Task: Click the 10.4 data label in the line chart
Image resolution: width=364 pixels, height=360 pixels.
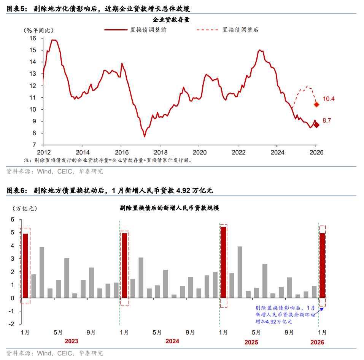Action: (328, 99)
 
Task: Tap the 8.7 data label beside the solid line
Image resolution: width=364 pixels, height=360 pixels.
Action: (327, 121)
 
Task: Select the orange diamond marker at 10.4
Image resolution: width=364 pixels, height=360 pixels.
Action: (316, 105)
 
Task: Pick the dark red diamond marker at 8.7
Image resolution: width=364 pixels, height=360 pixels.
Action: (316, 125)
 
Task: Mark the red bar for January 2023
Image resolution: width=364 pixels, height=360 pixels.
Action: (25, 266)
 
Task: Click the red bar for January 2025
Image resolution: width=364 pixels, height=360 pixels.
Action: (223, 263)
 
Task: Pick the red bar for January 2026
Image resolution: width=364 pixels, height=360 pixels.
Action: (322, 266)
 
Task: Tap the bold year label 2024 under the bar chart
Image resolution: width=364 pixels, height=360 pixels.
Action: (172, 341)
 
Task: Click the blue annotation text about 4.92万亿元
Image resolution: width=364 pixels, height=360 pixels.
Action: (285, 315)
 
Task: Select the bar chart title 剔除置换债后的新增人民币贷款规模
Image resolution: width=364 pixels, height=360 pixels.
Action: (169, 208)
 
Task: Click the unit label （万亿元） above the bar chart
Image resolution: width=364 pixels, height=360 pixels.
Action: (25, 208)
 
